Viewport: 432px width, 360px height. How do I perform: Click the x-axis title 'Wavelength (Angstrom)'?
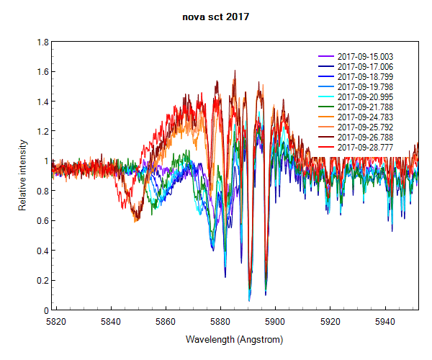(x=234, y=339)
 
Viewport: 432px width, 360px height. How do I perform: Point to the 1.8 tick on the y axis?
(x=43, y=42)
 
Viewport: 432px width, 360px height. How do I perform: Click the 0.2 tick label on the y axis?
(x=43, y=281)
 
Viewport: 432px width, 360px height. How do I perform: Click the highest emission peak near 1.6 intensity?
(x=235, y=71)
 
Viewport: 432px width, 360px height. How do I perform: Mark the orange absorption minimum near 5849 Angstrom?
(x=135, y=220)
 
